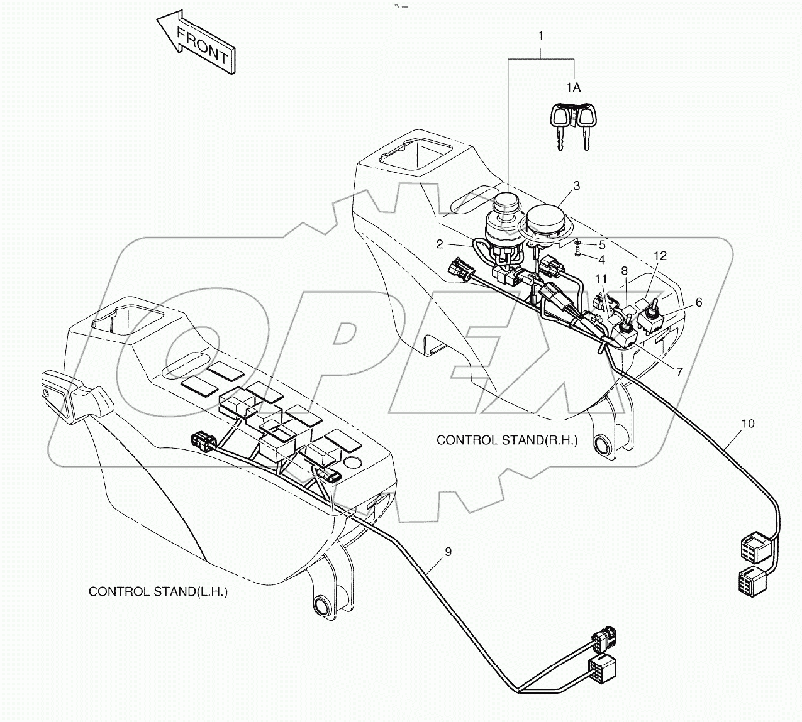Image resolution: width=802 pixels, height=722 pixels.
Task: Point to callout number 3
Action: click(576, 185)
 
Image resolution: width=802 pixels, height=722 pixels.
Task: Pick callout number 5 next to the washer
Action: click(601, 244)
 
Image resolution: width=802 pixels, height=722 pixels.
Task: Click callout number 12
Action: click(659, 256)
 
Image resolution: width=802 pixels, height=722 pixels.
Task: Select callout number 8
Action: click(624, 271)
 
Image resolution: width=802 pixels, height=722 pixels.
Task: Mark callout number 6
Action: click(698, 302)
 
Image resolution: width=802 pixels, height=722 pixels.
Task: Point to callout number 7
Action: click(679, 371)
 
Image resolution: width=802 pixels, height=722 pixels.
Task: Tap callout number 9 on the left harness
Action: click(448, 552)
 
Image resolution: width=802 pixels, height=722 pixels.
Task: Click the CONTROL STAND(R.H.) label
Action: click(507, 440)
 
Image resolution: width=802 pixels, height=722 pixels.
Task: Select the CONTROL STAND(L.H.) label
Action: click(158, 591)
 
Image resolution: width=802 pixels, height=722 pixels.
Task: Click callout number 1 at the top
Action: click(540, 36)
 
